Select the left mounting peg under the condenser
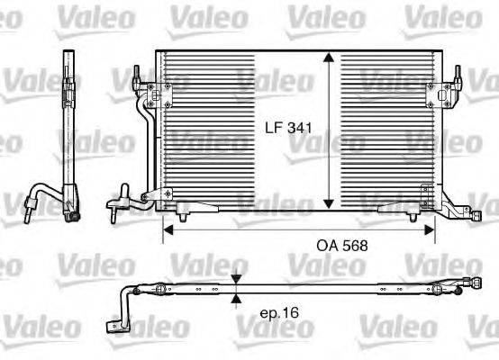click(183, 215)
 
